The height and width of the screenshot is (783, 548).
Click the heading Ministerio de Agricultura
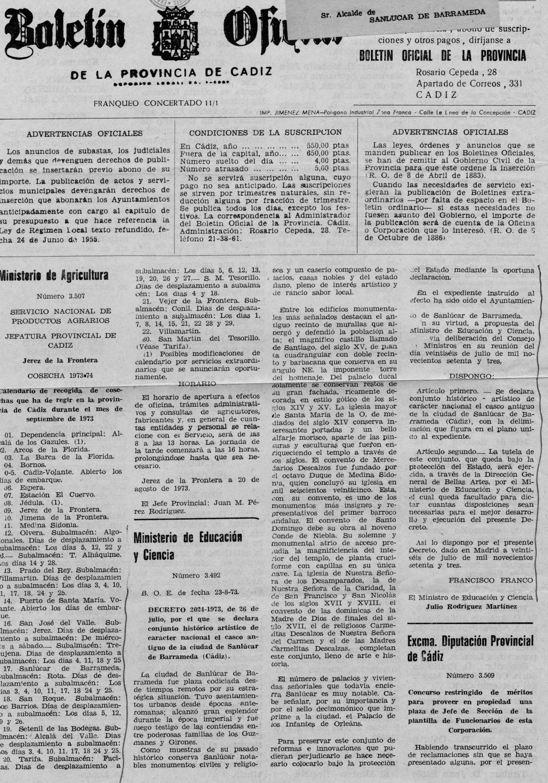[x=54, y=276]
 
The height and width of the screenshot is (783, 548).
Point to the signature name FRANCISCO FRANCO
[x=490, y=580]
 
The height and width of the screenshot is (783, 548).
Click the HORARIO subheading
[x=197, y=384]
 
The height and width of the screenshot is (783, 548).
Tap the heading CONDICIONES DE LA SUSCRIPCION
[x=265, y=132]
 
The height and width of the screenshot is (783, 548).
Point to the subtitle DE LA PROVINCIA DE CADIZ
[x=171, y=72]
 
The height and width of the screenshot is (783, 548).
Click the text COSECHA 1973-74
[x=60, y=376]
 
